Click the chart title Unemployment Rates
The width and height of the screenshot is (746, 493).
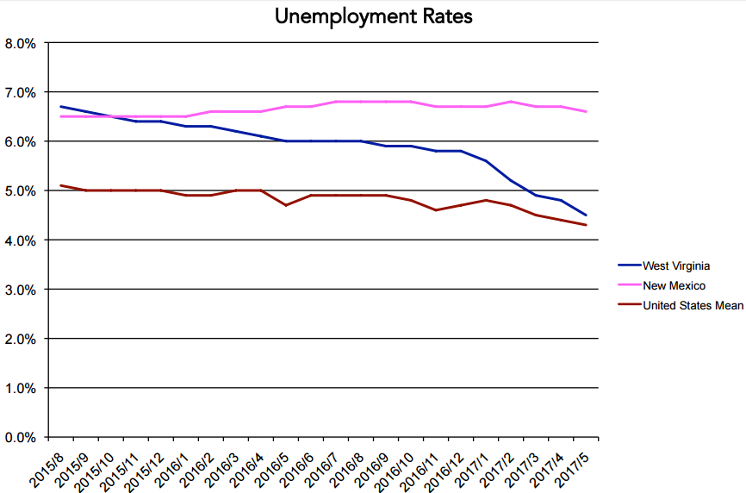[373, 16]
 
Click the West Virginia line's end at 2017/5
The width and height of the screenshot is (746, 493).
[586, 215]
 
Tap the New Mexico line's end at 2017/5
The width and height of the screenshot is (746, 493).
[586, 111]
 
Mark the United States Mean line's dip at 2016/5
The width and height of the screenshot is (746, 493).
[286, 205]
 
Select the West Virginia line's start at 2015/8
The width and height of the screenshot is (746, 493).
[60, 107]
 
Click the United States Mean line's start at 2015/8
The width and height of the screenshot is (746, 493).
[60, 185]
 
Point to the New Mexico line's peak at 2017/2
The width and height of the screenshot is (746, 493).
[511, 102]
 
